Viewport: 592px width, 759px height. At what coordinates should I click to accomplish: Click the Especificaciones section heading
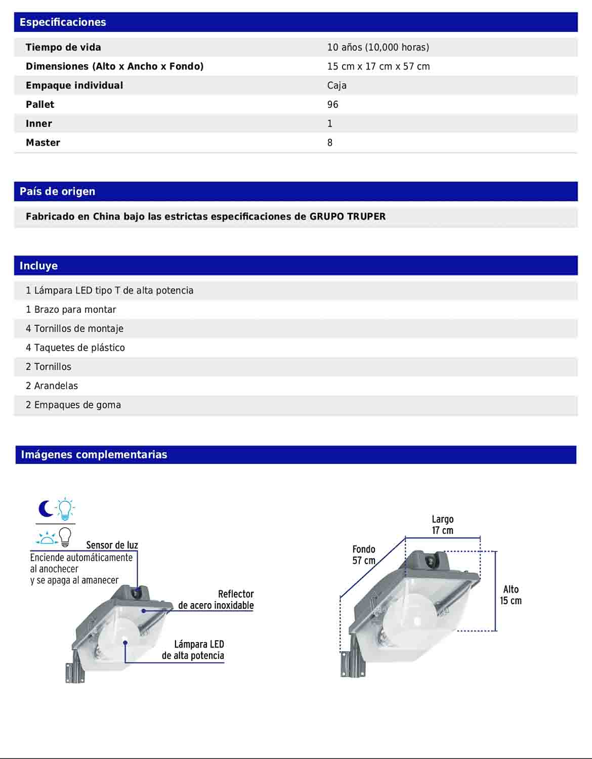click(x=63, y=22)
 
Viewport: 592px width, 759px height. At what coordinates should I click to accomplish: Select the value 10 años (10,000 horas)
click(x=378, y=48)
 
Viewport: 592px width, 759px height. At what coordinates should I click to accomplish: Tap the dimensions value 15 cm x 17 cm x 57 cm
click(x=378, y=66)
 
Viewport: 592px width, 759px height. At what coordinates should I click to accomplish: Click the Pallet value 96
click(x=332, y=105)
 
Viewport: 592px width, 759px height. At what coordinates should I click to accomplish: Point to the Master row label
click(x=43, y=143)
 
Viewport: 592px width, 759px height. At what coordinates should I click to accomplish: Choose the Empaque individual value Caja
click(x=336, y=86)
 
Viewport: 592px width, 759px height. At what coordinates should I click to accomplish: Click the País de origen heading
click(x=57, y=192)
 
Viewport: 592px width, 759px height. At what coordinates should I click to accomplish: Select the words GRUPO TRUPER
click(x=348, y=217)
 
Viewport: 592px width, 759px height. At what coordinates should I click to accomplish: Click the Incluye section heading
click(x=38, y=266)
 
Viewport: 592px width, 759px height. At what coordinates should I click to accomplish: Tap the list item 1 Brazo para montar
click(x=71, y=310)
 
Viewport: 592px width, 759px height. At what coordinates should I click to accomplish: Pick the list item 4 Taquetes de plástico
click(x=75, y=348)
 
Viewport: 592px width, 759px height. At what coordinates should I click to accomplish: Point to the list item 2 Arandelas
click(x=52, y=386)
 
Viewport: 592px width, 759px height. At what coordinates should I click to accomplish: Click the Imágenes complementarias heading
click(x=94, y=455)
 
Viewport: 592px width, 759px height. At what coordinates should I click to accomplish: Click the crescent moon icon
click(x=46, y=509)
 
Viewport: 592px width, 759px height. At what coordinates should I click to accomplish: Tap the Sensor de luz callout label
click(x=112, y=545)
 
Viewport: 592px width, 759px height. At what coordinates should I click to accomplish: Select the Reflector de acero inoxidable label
click(x=216, y=600)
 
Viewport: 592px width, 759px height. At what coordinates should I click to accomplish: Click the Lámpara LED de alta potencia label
click(x=193, y=650)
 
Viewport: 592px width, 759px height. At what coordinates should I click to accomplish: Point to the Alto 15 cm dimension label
click(x=511, y=595)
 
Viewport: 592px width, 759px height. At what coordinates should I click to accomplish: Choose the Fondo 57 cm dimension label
click(x=364, y=555)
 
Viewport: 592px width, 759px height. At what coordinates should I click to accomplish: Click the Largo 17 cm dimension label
click(x=442, y=525)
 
